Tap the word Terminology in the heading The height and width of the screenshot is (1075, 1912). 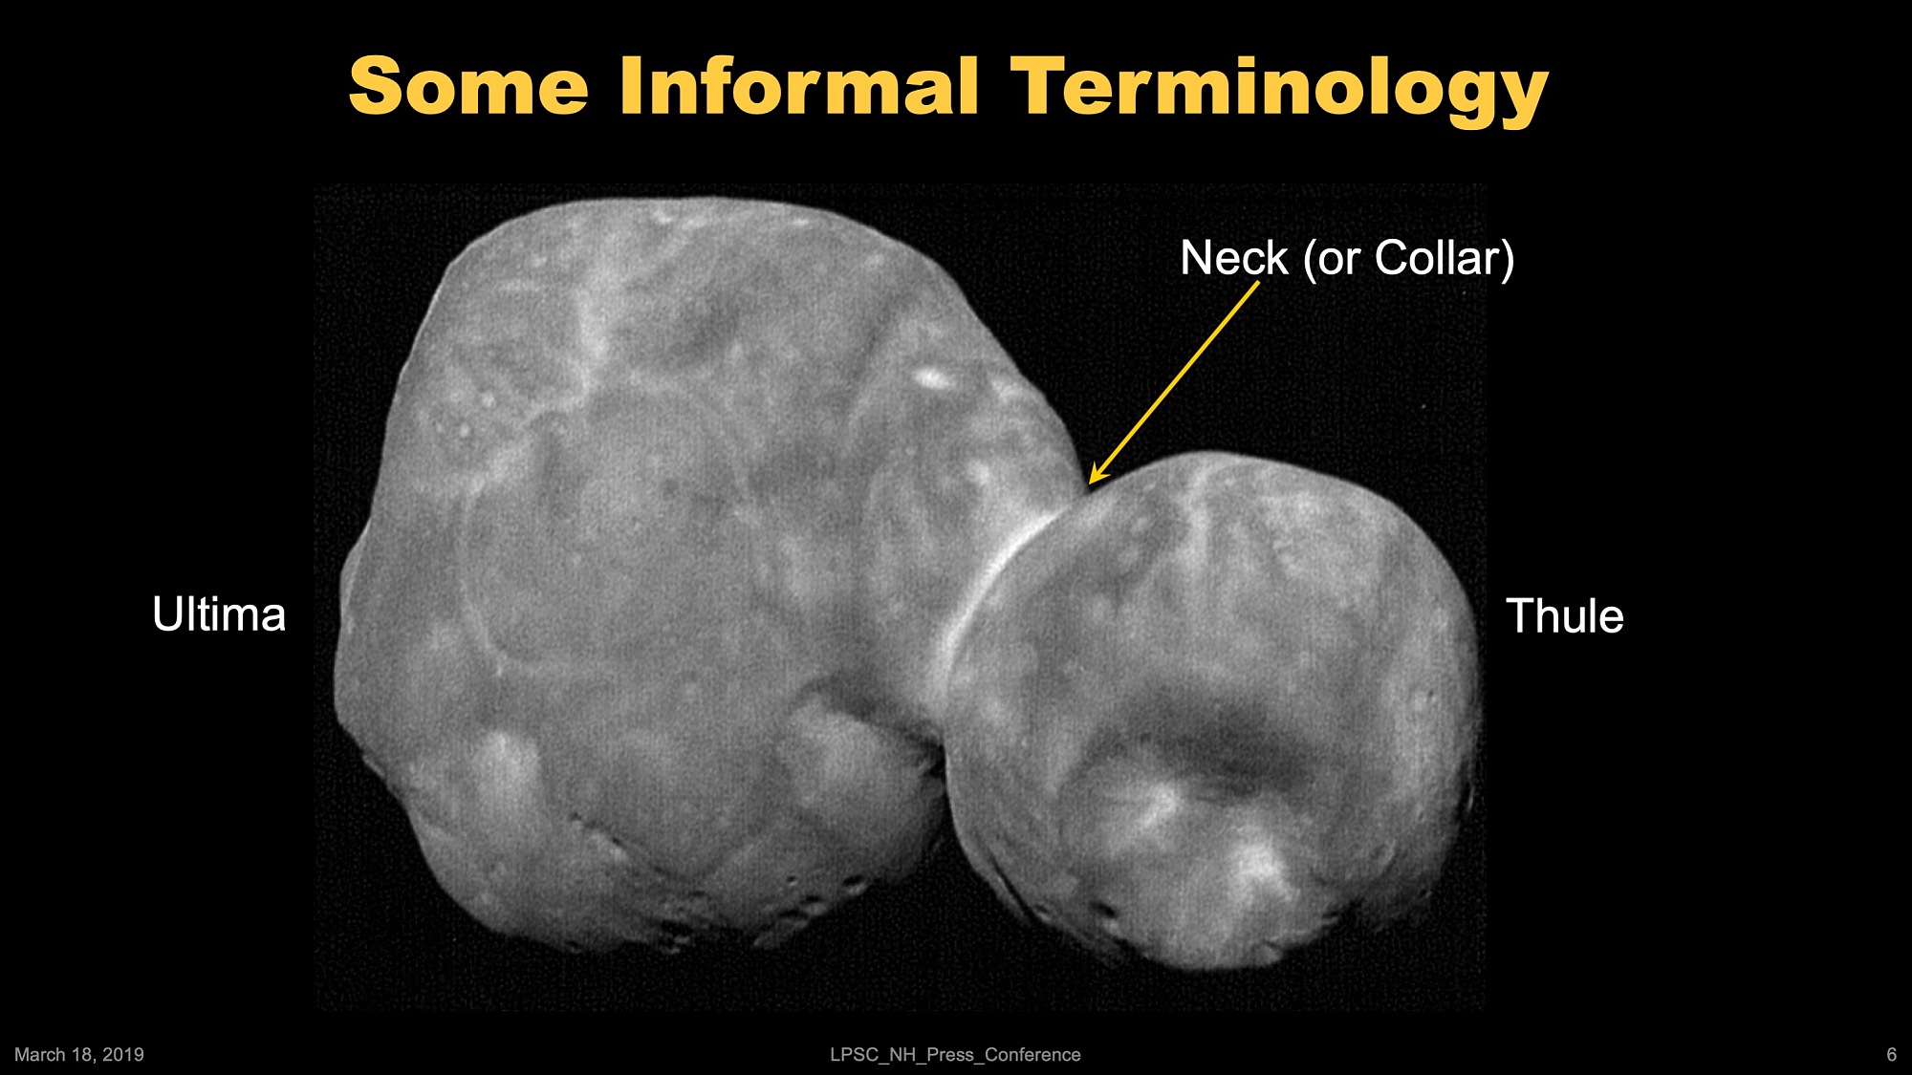click(x=1279, y=91)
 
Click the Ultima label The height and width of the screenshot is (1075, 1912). click(x=219, y=613)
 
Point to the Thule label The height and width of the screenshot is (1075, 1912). click(x=1565, y=615)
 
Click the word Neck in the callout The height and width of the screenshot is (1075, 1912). click(x=1234, y=258)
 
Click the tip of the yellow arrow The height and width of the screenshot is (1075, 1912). click(x=1091, y=484)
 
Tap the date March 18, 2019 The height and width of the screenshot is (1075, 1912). click(x=79, y=1054)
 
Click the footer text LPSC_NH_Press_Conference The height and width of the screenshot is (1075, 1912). click(x=955, y=1054)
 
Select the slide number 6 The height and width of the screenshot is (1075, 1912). click(x=1891, y=1054)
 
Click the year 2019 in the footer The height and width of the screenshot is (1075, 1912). click(x=123, y=1054)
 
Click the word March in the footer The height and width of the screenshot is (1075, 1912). click(x=40, y=1054)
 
